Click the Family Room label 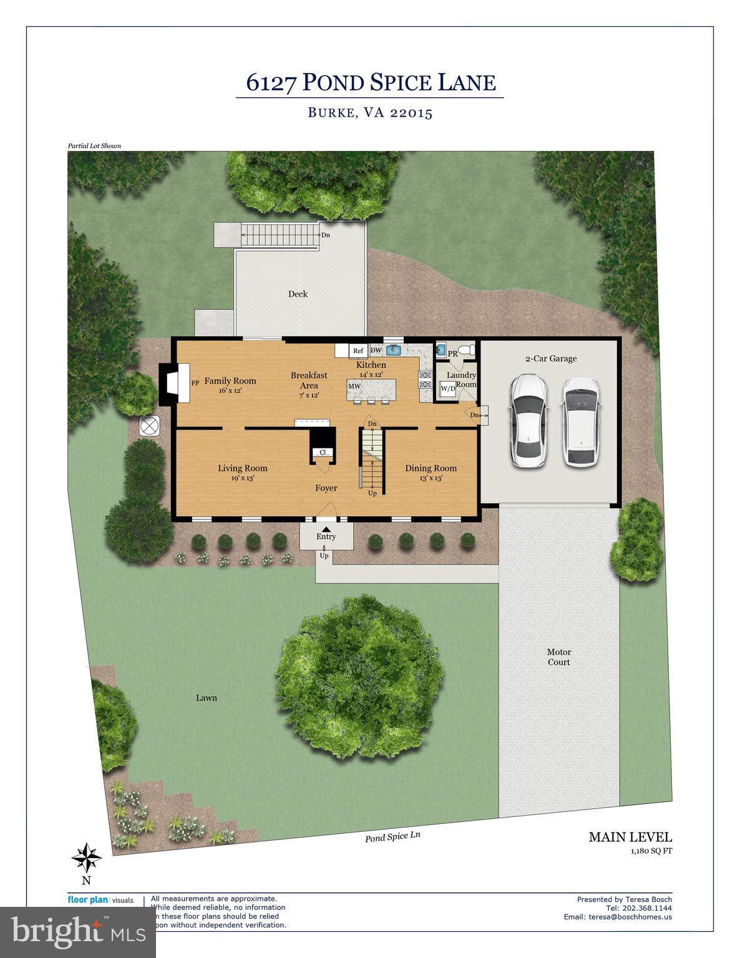tap(230, 380)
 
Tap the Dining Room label tap(431, 468)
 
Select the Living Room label tap(242, 468)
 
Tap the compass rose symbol tap(86, 858)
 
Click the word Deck tap(298, 294)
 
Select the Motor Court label tap(558, 657)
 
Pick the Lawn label tap(206, 697)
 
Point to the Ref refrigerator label tap(358, 351)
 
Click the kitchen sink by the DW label tap(394, 350)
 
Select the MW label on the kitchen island tap(354, 387)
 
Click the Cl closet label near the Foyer tap(323, 452)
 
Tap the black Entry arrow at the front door tap(326, 530)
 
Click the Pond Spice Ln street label tap(393, 837)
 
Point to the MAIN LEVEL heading tap(630, 837)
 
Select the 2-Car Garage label tap(550, 359)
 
